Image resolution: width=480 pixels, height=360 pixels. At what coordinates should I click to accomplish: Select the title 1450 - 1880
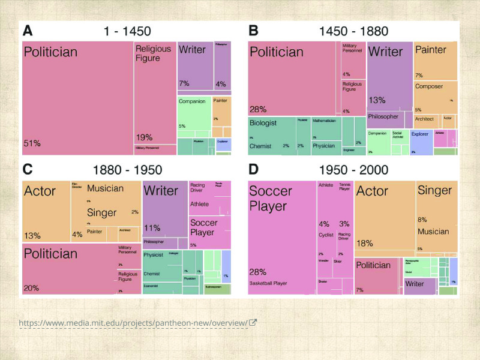pos(353,31)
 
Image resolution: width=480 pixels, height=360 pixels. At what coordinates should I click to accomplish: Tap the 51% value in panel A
pos(32,143)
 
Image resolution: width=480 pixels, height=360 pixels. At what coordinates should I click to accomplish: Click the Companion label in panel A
pos(192,101)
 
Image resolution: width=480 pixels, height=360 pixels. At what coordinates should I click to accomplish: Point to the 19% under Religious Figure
pos(144,137)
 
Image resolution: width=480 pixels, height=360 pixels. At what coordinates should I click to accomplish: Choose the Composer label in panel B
pos(429,86)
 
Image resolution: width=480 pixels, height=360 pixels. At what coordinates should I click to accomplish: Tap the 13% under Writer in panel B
pos(377,100)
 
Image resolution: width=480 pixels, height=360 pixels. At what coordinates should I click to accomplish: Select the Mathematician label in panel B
pos(324,121)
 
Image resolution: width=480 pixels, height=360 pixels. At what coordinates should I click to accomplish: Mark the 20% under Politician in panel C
pos(32,288)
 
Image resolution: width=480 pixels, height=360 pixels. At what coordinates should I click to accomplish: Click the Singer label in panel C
pos(102,213)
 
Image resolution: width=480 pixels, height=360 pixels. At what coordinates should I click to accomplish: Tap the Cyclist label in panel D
pos(326,235)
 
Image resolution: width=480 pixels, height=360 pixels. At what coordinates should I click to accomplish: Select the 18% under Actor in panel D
pos(365,243)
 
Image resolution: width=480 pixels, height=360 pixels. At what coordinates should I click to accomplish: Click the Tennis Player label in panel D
pos(344,187)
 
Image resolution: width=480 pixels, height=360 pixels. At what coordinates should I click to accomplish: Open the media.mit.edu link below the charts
pos(133,323)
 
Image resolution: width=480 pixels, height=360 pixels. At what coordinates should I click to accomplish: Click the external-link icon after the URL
pos(253,323)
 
